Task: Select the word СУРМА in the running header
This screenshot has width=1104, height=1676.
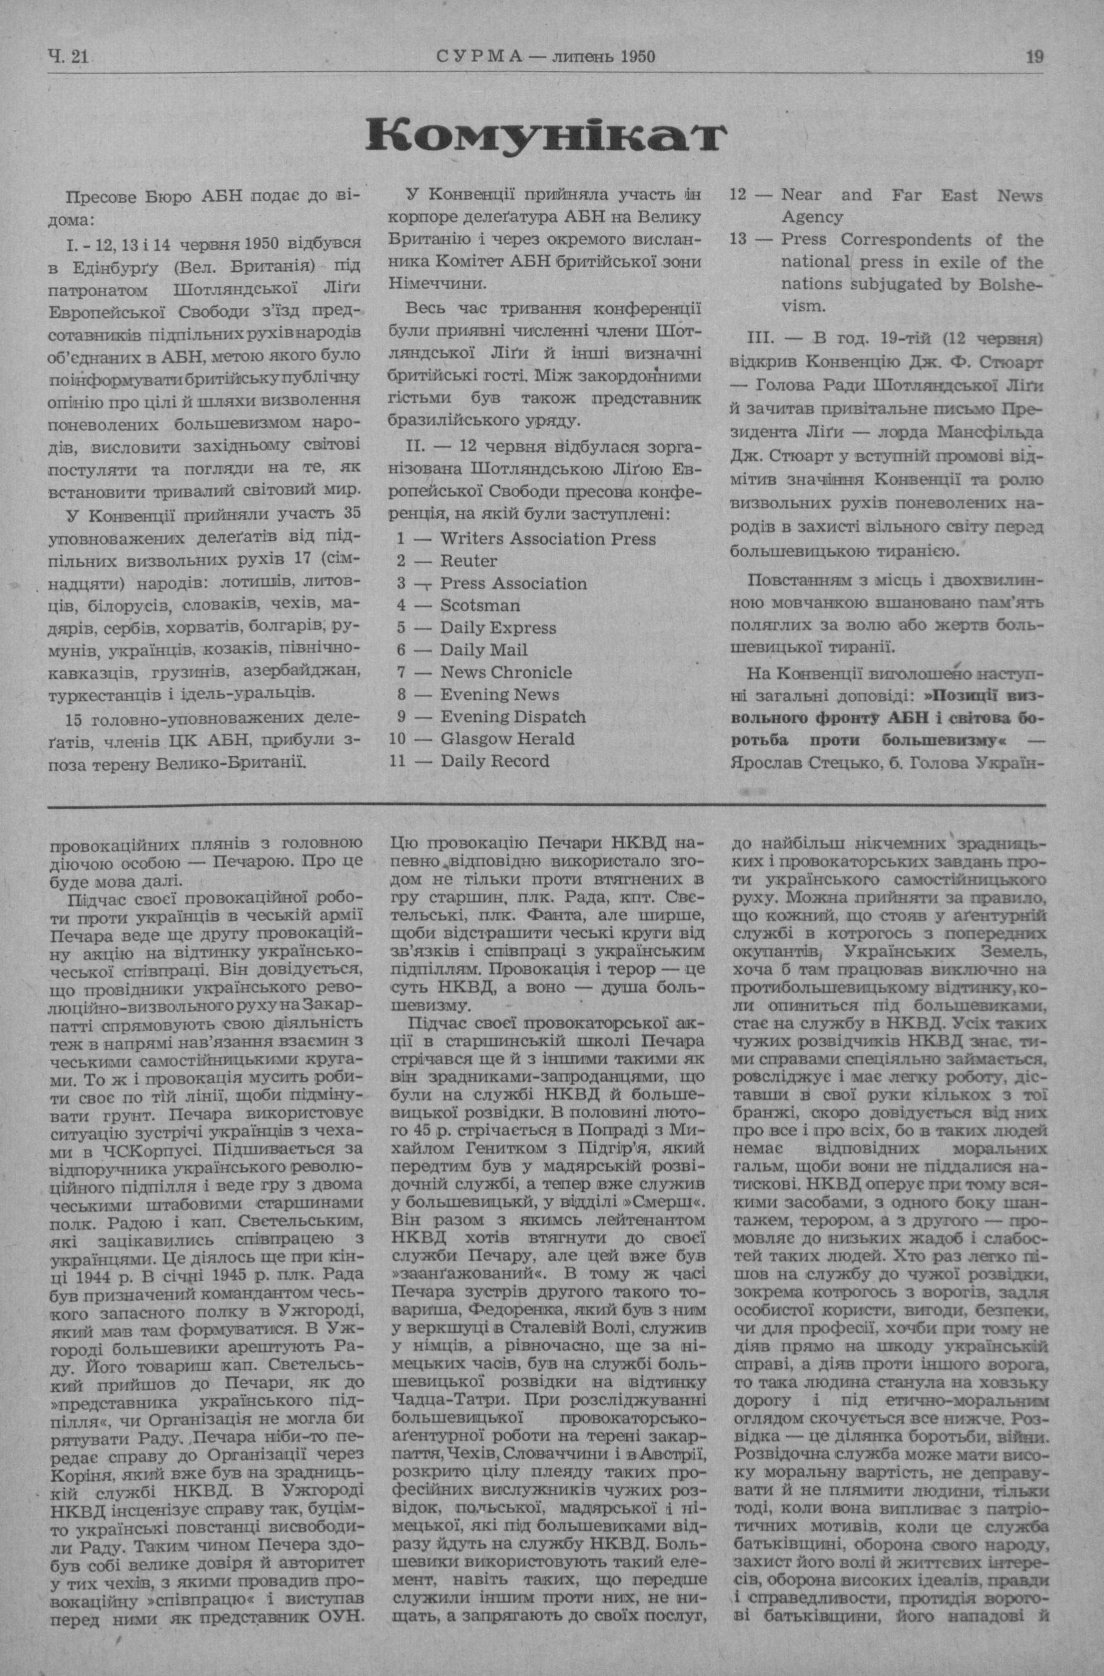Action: [x=479, y=57]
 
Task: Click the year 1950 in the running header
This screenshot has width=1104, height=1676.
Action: [x=638, y=57]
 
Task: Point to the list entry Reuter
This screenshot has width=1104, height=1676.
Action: [x=468, y=561]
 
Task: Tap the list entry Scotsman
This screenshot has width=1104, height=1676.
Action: [x=480, y=605]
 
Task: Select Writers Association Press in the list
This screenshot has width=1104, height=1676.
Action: [x=548, y=539]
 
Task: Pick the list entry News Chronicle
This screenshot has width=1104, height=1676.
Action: [x=506, y=672]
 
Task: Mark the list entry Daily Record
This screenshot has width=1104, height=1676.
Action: [x=494, y=761]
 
